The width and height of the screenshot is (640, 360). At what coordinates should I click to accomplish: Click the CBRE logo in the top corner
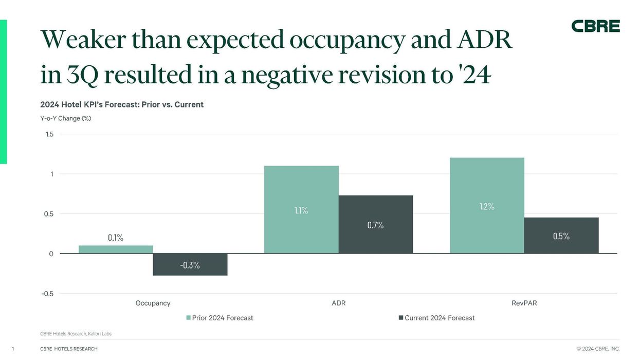[x=595, y=26]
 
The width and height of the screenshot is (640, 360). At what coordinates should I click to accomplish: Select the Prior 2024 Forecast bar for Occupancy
[x=116, y=249]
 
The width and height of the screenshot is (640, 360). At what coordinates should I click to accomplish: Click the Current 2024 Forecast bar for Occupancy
[x=190, y=264]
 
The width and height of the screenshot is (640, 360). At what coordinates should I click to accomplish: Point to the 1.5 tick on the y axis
[x=49, y=134]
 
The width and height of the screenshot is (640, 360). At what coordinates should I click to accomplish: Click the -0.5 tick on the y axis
[x=47, y=294]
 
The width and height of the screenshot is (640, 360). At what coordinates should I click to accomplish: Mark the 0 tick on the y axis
[x=51, y=254]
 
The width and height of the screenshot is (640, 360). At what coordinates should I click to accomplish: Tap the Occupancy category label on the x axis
[x=153, y=303]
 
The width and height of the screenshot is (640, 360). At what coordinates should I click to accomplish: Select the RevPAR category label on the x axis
[x=524, y=303]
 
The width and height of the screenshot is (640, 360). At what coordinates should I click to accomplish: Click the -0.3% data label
[x=190, y=265]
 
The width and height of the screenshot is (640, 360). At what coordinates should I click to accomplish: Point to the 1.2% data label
[x=486, y=206]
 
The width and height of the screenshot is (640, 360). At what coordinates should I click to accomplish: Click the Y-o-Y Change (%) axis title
[x=65, y=118]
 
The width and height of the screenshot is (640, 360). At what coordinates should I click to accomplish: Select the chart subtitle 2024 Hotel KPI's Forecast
[x=122, y=104]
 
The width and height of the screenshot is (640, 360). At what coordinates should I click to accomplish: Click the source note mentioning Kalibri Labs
[x=76, y=334]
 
